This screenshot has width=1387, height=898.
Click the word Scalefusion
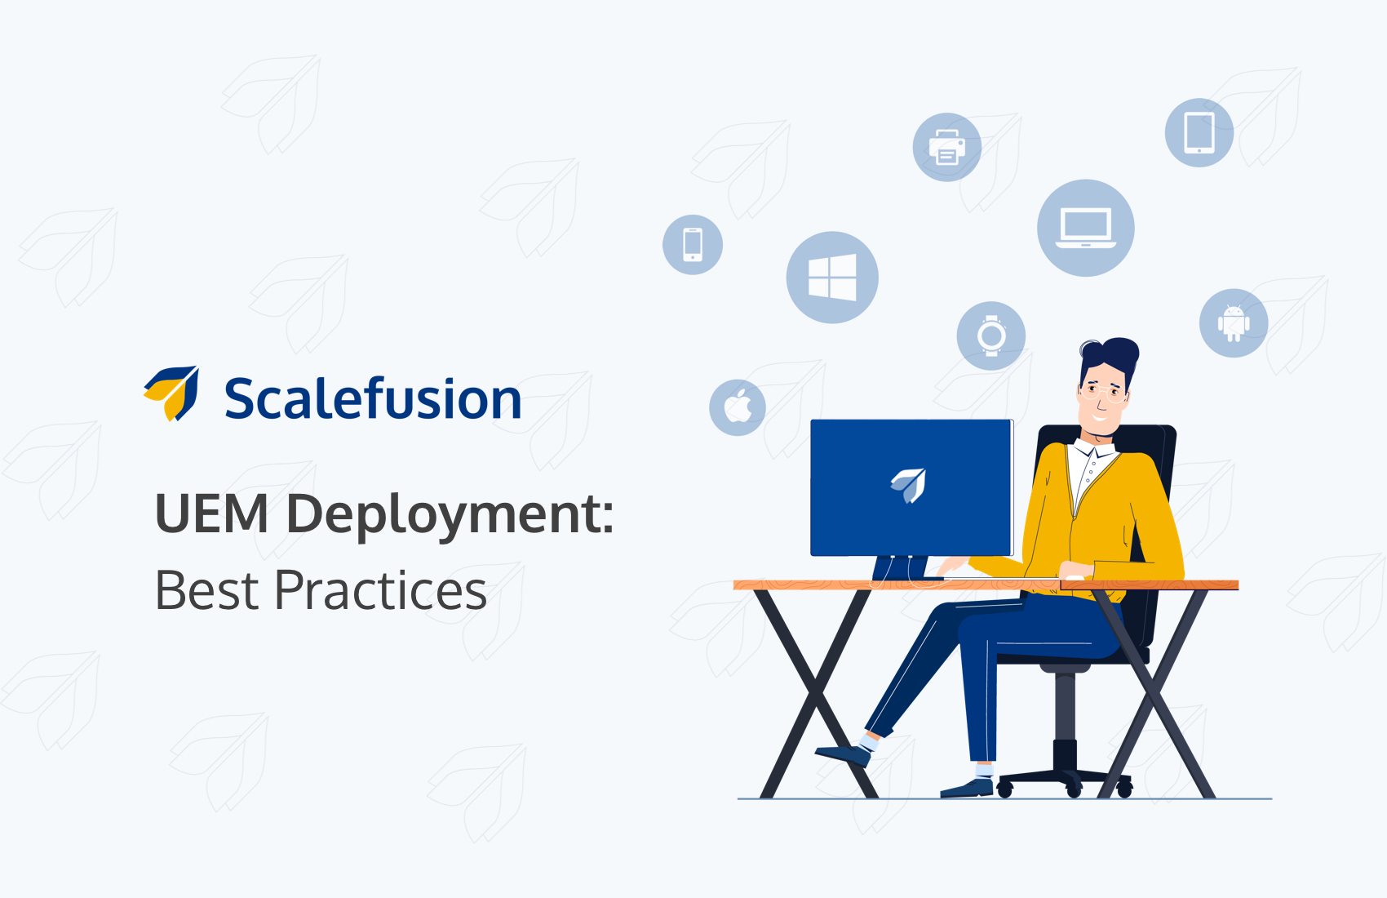click(373, 398)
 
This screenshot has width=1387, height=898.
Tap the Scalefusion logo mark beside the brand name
click(171, 393)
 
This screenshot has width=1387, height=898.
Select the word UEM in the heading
click(211, 513)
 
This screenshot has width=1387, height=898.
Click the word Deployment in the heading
click(449, 516)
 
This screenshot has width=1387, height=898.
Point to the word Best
click(206, 590)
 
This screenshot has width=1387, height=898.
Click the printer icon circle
click(946, 148)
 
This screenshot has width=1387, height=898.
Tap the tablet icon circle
click(1199, 132)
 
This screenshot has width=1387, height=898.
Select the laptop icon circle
click(1085, 228)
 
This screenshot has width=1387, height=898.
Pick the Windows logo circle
click(832, 277)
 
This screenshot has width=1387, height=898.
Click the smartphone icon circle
click(692, 245)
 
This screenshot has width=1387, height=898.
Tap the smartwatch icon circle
click(990, 336)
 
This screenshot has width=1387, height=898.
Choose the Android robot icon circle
click(1234, 323)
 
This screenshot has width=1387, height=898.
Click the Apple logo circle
click(738, 408)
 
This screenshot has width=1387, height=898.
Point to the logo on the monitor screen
click(908, 485)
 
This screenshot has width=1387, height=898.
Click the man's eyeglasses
click(1103, 393)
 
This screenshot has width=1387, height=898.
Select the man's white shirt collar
click(1093, 451)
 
